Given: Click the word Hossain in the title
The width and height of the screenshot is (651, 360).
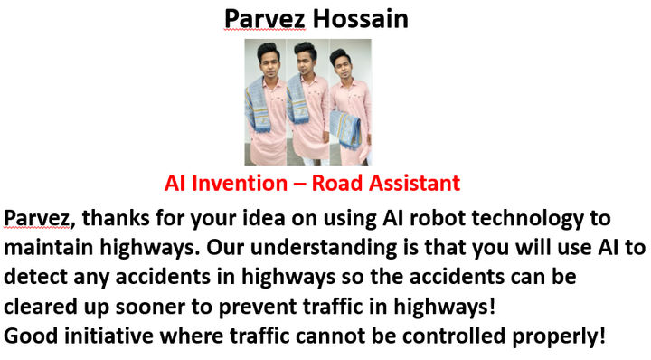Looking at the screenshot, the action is coord(360,19).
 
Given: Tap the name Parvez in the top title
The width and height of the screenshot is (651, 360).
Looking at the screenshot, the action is coord(265,20).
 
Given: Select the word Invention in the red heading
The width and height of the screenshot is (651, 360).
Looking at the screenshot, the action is coord(239,183).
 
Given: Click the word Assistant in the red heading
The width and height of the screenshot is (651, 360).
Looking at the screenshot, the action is coord(414,183).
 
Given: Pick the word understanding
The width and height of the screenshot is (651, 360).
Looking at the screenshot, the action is coord(324,249).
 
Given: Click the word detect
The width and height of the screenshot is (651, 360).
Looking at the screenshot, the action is coord(35,277).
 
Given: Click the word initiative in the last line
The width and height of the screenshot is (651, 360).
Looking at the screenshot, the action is coord(108,336).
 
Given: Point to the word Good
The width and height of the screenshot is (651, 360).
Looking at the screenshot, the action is coord(31,336).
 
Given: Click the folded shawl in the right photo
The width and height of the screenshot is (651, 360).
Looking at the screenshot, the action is coord(345,128).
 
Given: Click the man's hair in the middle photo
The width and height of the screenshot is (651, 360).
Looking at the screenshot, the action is coord(306,50).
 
